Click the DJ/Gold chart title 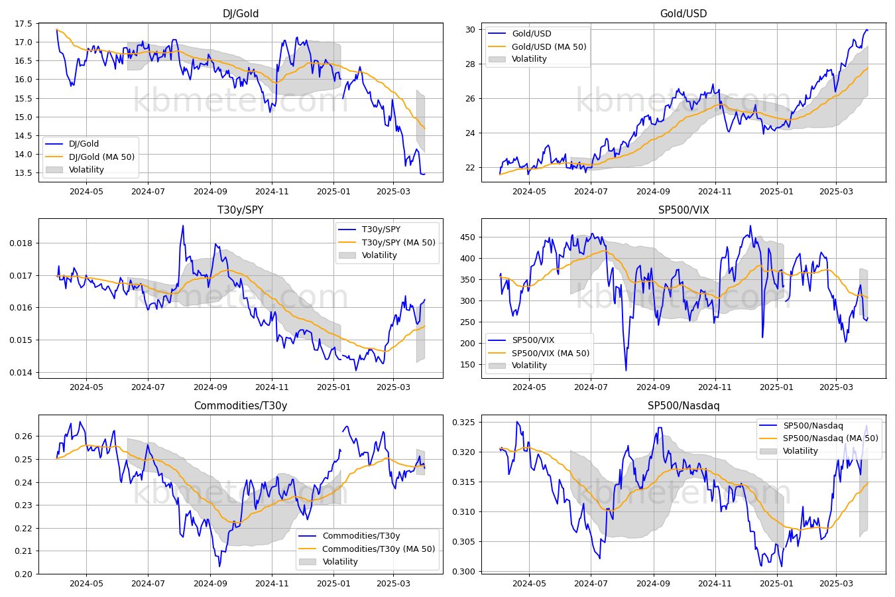click(241, 13)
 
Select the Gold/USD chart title click(684, 13)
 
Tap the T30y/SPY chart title click(241, 210)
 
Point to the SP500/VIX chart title click(684, 210)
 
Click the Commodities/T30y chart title click(241, 405)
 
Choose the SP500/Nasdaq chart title click(684, 405)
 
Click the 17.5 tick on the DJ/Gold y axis click(23, 24)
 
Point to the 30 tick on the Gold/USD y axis click(470, 30)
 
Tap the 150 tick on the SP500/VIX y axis click(467, 365)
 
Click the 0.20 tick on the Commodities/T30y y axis click(23, 574)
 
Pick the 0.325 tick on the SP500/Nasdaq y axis click(463, 423)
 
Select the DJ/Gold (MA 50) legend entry click(90, 157)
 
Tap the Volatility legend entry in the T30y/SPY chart click(367, 255)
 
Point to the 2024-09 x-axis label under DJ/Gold click(210, 192)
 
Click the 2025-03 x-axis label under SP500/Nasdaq click(836, 584)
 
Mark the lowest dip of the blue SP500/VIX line click(626, 370)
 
